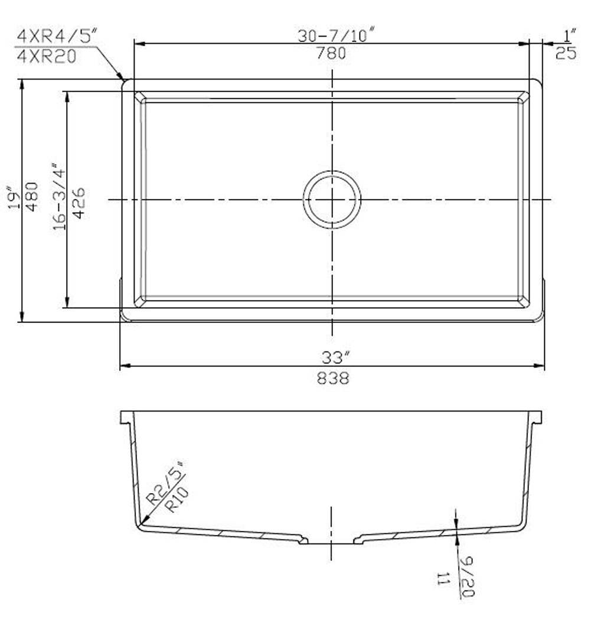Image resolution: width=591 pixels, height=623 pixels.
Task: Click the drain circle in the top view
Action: tap(332, 199)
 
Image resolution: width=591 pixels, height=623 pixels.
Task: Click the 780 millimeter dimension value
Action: tap(331, 54)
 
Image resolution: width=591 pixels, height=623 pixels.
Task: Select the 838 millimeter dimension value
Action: tap(333, 378)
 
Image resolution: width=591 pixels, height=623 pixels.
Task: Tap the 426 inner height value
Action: tap(79, 203)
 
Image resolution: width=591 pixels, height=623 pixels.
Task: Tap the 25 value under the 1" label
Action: tap(566, 54)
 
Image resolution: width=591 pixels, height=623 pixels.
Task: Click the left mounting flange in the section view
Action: tap(126, 417)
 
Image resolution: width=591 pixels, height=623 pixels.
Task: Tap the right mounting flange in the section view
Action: tap(537, 417)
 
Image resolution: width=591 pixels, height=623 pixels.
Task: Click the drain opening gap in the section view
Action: tap(331, 540)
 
